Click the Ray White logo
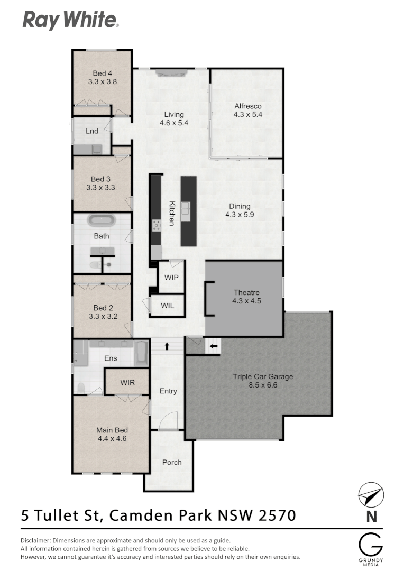70,21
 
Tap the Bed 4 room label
102,73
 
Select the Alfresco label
247,106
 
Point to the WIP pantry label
171,277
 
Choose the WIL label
167,306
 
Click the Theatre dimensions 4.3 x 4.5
246,301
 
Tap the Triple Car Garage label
263,377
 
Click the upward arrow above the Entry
167,347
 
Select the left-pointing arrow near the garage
214,347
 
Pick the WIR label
127,382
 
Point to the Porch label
171,462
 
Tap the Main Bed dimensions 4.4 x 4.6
112,438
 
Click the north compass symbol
371,496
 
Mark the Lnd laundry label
92,131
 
